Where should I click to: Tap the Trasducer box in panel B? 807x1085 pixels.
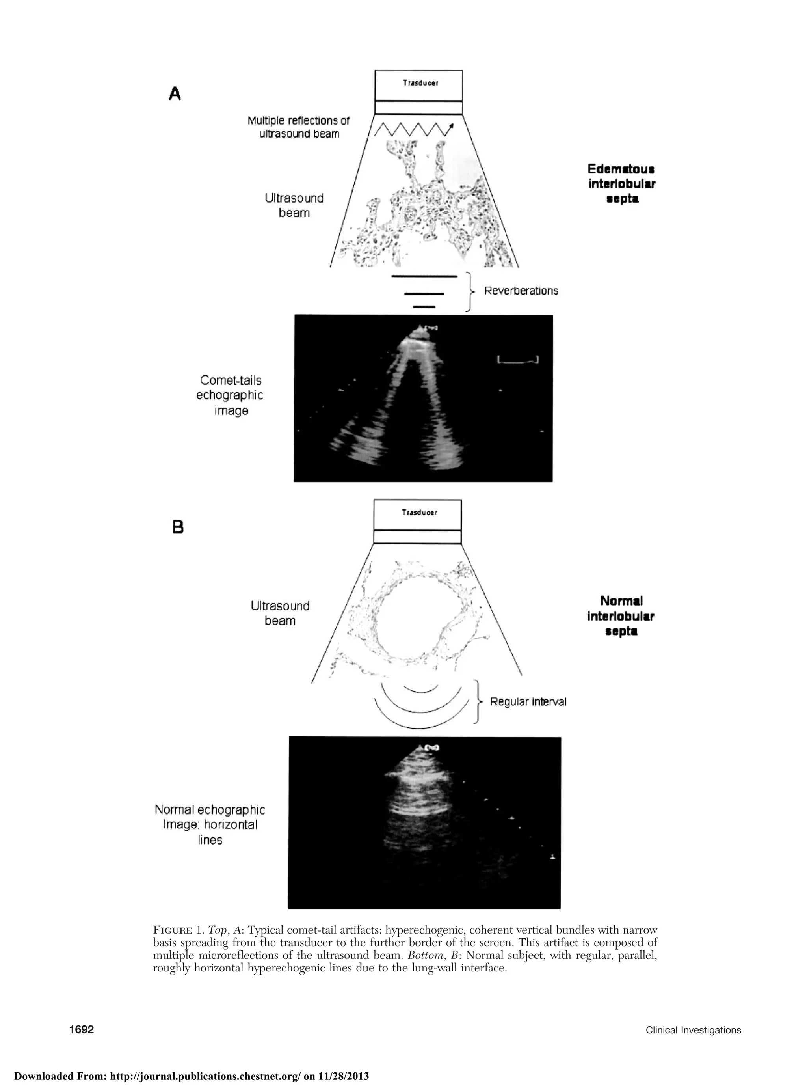click(x=417, y=515)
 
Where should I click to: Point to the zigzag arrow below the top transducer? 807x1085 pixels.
click(x=413, y=130)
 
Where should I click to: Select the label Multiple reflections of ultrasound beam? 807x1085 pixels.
click(x=298, y=127)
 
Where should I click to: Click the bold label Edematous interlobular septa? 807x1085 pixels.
click(x=621, y=184)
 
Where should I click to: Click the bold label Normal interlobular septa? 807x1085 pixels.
click(x=621, y=616)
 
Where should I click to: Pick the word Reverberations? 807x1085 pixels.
click(x=521, y=291)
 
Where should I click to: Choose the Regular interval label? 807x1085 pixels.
click(x=528, y=702)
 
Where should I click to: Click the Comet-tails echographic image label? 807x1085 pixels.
click(x=230, y=395)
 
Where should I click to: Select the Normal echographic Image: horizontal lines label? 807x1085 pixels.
click(x=210, y=824)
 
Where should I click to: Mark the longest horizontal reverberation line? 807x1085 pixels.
click(x=424, y=277)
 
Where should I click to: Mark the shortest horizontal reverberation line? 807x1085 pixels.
click(x=424, y=306)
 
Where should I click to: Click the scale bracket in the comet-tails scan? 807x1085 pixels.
click(x=517, y=360)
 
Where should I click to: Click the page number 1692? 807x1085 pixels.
click(x=81, y=1016)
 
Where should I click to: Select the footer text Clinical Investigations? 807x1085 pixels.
click(x=693, y=1016)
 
